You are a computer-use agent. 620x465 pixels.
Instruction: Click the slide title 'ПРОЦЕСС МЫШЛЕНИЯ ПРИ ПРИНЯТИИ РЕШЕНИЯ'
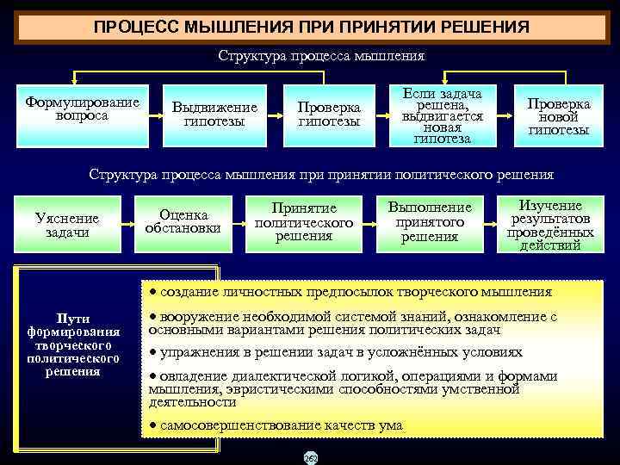pyautogui.click(x=311, y=26)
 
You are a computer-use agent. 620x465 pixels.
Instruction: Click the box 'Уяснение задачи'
pyautogui.click(x=67, y=226)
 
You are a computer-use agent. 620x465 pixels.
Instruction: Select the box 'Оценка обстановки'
pyautogui.click(x=183, y=222)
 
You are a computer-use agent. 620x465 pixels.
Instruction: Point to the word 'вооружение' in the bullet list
pyautogui.click(x=194, y=317)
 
